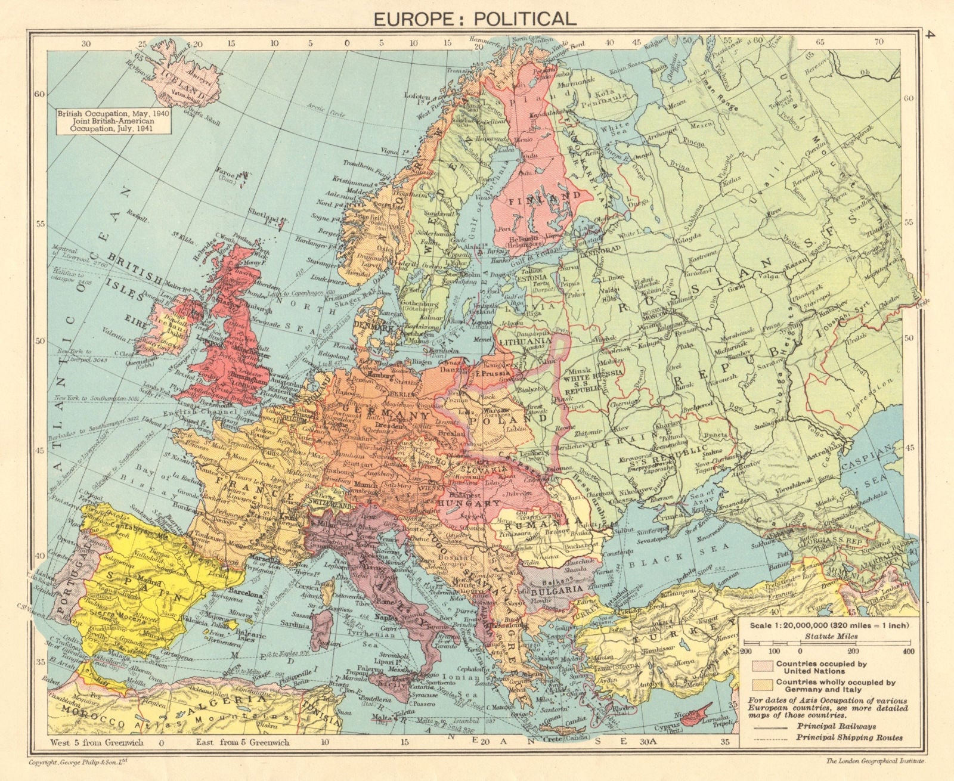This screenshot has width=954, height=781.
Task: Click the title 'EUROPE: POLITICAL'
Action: [x=475, y=18]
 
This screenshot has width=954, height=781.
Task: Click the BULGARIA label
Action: [x=553, y=588]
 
